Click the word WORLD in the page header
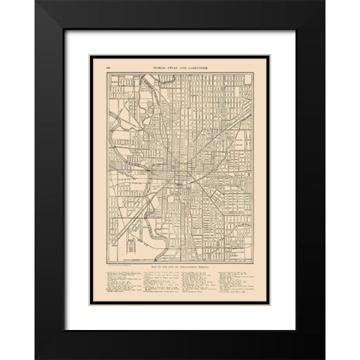(162, 67)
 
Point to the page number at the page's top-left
(109, 67)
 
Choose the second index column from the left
(162, 282)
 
